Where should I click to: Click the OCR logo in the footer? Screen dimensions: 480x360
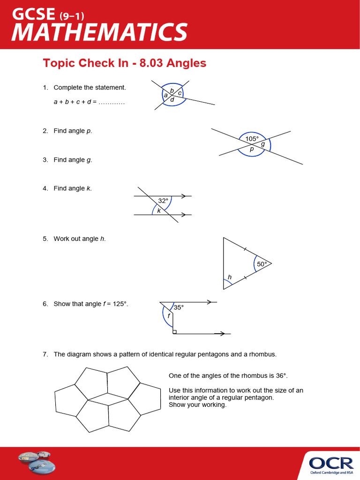click(331, 464)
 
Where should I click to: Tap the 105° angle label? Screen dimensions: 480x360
click(252, 139)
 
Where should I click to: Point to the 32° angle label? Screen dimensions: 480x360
click(163, 201)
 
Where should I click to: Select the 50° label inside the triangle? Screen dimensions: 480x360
click(262, 264)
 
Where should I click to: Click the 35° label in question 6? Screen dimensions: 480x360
click(179, 307)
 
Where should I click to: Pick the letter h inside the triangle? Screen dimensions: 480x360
click(230, 277)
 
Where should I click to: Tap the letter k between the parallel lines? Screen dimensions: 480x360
click(159, 210)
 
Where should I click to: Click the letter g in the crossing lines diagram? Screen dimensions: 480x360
click(263, 144)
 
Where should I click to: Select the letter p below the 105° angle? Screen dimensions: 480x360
click(252, 149)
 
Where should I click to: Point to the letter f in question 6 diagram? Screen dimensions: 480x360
click(169, 315)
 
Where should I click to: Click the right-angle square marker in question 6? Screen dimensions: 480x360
click(174, 332)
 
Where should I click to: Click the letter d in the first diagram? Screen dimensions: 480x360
click(172, 99)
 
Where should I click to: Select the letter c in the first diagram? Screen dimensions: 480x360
click(180, 93)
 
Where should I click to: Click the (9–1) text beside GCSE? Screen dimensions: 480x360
click(73, 16)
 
